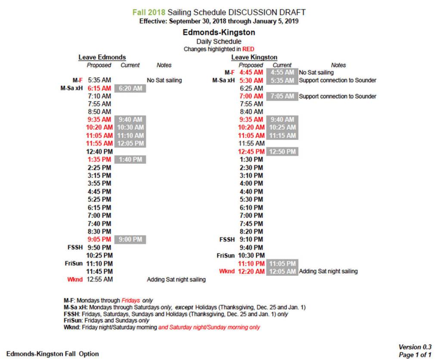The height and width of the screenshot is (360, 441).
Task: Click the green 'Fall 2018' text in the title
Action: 149,12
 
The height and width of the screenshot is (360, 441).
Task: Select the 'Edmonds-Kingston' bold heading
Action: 219,32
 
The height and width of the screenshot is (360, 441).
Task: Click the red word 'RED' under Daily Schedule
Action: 248,49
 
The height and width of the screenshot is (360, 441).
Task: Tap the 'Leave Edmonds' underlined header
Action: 102,57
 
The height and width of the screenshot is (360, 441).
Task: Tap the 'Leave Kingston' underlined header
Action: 254,57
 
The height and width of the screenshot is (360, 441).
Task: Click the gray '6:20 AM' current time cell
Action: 130,88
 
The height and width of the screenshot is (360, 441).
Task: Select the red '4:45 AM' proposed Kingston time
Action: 251,72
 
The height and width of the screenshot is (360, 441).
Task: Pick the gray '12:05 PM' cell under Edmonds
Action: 130,143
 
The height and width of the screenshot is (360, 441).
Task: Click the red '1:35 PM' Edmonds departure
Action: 99,160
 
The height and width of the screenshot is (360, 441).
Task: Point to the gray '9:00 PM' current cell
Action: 130,239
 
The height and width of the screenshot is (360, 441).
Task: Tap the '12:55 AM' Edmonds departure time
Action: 99,279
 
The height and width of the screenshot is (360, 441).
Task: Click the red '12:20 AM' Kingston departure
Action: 251,271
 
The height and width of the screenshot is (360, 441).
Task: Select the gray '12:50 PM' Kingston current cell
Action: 282,152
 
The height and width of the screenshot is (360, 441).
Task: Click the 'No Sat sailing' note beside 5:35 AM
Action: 164,80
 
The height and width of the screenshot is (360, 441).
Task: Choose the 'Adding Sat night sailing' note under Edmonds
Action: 176,279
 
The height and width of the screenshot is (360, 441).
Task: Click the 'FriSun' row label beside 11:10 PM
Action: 74,263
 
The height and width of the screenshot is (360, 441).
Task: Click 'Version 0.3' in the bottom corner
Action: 415,347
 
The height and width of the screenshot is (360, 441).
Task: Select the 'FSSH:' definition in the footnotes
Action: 72,314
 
